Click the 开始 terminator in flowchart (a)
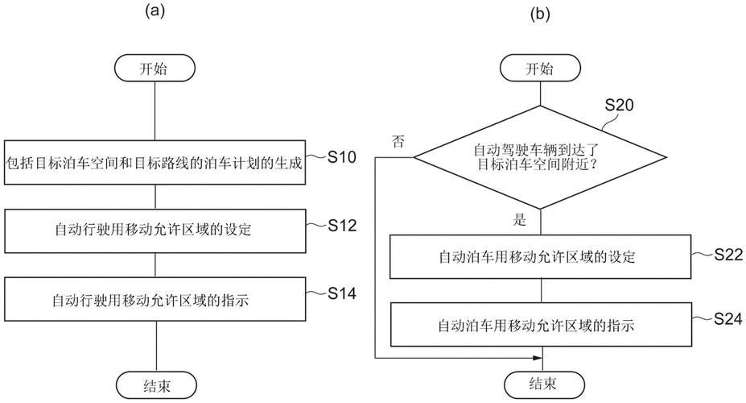point(154,68)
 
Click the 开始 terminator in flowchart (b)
point(541,69)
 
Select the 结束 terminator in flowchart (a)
point(154,382)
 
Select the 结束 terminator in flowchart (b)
point(541,382)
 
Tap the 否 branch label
point(398,142)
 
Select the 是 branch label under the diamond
point(520,219)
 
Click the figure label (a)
point(155,11)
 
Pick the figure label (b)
point(540,14)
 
